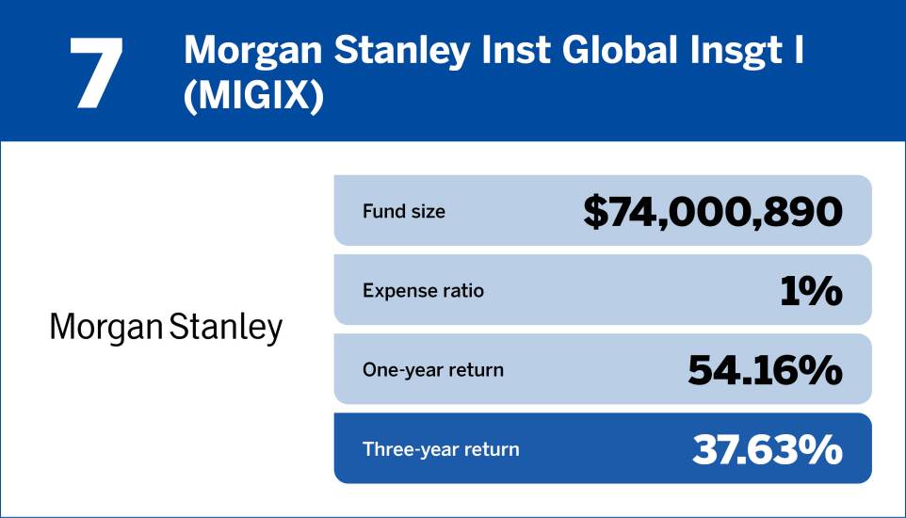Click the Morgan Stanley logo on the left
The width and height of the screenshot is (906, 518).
click(166, 328)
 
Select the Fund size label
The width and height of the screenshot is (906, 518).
click(403, 211)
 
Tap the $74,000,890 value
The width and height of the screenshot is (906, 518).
click(712, 211)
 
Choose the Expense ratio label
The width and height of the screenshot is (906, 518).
click(423, 290)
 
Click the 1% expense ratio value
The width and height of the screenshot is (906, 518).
click(811, 291)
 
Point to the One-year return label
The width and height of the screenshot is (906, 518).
click(432, 370)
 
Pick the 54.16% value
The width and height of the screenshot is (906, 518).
click(764, 370)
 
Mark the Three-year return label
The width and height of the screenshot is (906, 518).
click(440, 449)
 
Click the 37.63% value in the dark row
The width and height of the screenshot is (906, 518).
click(767, 450)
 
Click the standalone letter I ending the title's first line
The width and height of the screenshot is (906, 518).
click(799, 51)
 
